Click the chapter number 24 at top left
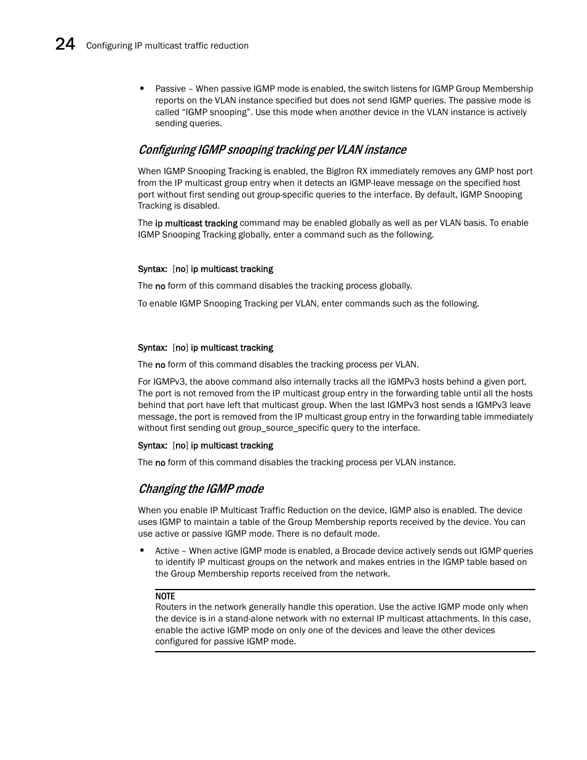65,44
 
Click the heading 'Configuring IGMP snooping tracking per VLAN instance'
272,150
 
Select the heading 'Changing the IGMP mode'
201,489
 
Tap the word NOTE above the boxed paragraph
165,596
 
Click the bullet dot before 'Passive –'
142,89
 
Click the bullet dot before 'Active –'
142,551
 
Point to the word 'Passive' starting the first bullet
170,89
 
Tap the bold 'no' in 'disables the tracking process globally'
160,286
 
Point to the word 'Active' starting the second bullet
167,551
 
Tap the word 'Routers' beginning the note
171,607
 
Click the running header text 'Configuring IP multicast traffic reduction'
167,46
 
